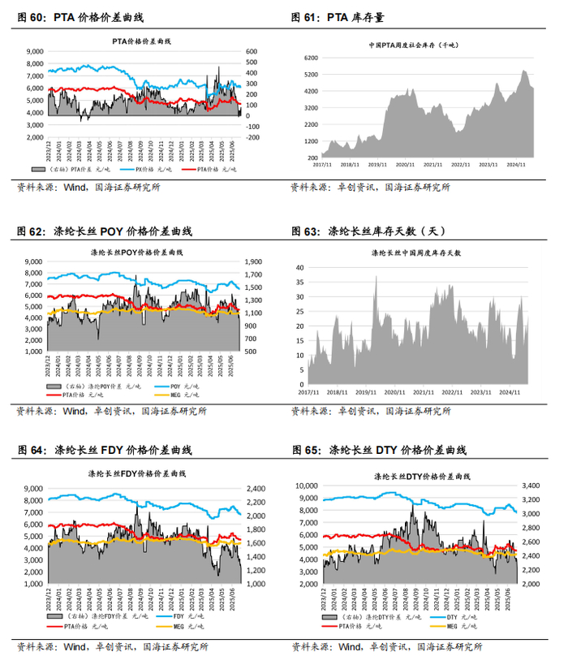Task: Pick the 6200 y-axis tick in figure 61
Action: (310, 58)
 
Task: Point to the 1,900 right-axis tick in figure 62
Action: (253, 262)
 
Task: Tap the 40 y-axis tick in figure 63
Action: (299, 267)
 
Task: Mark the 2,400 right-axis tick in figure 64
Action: (253, 489)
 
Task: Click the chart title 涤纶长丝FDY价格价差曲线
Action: (143, 474)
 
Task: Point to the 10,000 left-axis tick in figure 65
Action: (309, 486)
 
